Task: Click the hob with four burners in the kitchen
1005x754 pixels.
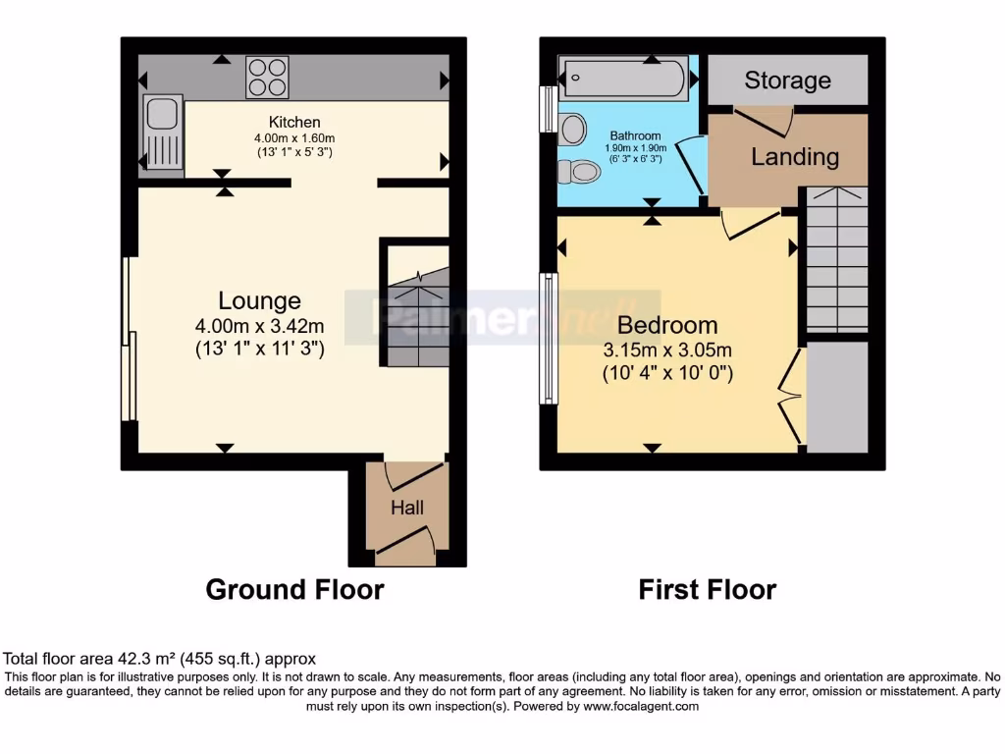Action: pyautogui.click(x=267, y=79)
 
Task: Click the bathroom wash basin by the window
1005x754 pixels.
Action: pyautogui.click(x=571, y=129)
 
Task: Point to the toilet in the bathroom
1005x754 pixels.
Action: pyautogui.click(x=579, y=173)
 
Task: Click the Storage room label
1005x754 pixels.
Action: pyautogui.click(x=787, y=81)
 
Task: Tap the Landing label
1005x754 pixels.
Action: pyautogui.click(x=795, y=156)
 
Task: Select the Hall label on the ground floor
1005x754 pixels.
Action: pyautogui.click(x=407, y=508)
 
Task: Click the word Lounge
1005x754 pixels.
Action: pyautogui.click(x=259, y=300)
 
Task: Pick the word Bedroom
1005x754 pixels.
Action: pyautogui.click(x=667, y=325)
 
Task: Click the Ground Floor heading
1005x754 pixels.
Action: pyautogui.click(x=294, y=589)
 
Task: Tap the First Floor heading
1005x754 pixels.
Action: pyautogui.click(x=707, y=589)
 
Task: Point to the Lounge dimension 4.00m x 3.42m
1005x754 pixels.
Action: pyautogui.click(x=259, y=325)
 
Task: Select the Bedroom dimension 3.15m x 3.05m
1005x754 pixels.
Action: pyautogui.click(x=667, y=350)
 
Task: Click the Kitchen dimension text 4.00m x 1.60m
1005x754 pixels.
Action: pyautogui.click(x=295, y=137)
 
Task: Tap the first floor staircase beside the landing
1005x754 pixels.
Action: pyautogui.click(x=836, y=259)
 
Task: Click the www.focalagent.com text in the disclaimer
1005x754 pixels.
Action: pyautogui.click(x=641, y=706)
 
